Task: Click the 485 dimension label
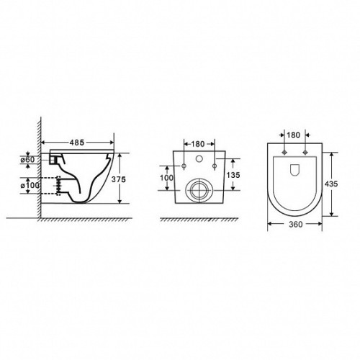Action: [x=77, y=143]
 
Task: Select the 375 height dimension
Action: [x=119, y=179]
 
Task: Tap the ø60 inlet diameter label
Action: [x=27, y=159]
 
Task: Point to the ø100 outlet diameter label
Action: [x=30, y=186]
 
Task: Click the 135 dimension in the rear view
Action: [x=233, y=175]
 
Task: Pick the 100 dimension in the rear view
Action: [x=166, y=178]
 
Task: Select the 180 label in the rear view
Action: [x=198, y=144]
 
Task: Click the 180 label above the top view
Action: [x=293, y=135]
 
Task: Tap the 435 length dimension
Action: [x=331, y=184]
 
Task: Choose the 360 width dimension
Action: [x=296, y=225]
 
